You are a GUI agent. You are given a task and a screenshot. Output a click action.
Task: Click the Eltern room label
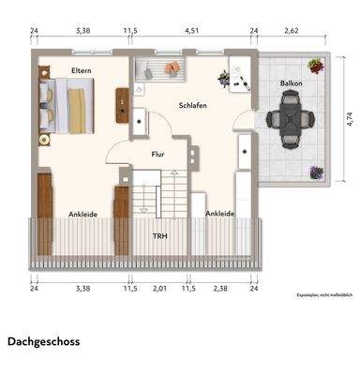click(79, 71)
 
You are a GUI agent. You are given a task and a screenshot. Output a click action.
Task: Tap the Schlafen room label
click(192, 106)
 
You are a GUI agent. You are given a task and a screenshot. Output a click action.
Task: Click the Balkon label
click(290, 84)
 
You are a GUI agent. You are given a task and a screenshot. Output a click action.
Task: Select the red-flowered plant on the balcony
click(317, 67)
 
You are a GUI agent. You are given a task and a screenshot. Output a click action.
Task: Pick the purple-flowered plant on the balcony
click(317, 172)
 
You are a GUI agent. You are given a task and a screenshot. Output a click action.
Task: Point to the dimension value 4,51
click(190, 30)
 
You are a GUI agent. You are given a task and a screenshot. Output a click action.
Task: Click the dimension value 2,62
click(292, 30)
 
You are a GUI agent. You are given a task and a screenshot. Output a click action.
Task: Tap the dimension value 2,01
click(158, 289)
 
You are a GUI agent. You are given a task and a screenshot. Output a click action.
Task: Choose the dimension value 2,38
click(220, 289)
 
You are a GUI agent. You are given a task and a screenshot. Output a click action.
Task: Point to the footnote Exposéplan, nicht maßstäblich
click(322, 293)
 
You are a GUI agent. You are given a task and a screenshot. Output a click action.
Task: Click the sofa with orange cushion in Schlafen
click(159, 69)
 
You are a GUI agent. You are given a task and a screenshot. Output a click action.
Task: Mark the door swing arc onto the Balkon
click(246, 119)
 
